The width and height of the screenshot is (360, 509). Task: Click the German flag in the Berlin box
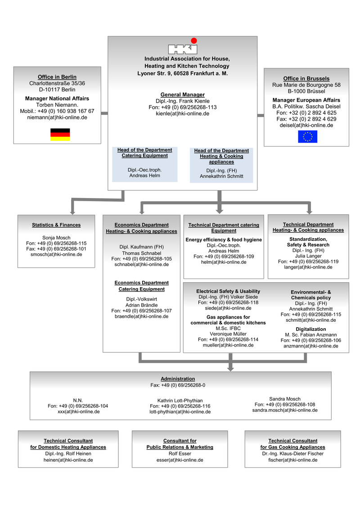click(60, 135)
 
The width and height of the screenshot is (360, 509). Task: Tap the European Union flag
click(307, 137)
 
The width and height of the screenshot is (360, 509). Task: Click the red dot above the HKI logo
click(194, 41)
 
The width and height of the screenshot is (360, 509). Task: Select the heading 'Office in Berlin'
click(57, 77)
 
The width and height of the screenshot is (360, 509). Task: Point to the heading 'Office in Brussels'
click(306, 79)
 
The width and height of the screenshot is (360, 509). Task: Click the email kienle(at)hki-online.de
click(182, 113)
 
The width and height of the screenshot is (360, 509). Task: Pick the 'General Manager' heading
click(182, 95)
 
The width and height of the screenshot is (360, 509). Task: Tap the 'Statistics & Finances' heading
click(56, 225)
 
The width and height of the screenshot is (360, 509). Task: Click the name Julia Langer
click(308, 256)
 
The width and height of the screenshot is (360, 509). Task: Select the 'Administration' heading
click(178, 379)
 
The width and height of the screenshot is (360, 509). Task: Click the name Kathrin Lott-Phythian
click(180, 401)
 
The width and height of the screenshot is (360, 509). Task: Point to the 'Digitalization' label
click(310, 329)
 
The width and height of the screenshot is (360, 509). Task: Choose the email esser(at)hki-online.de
click(180, 460)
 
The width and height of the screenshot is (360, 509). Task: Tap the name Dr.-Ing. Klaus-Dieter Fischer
click(293, 454)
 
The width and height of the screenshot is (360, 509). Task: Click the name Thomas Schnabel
click(142, 253)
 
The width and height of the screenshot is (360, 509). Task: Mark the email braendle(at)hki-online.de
click(142, 316)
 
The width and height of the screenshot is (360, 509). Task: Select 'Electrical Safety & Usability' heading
click(228, 292)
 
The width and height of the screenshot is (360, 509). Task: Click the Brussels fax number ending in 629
click(306, 119)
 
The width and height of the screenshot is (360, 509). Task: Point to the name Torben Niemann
click(57, 105)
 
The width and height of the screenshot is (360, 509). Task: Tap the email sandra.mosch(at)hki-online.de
click(285, 410)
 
